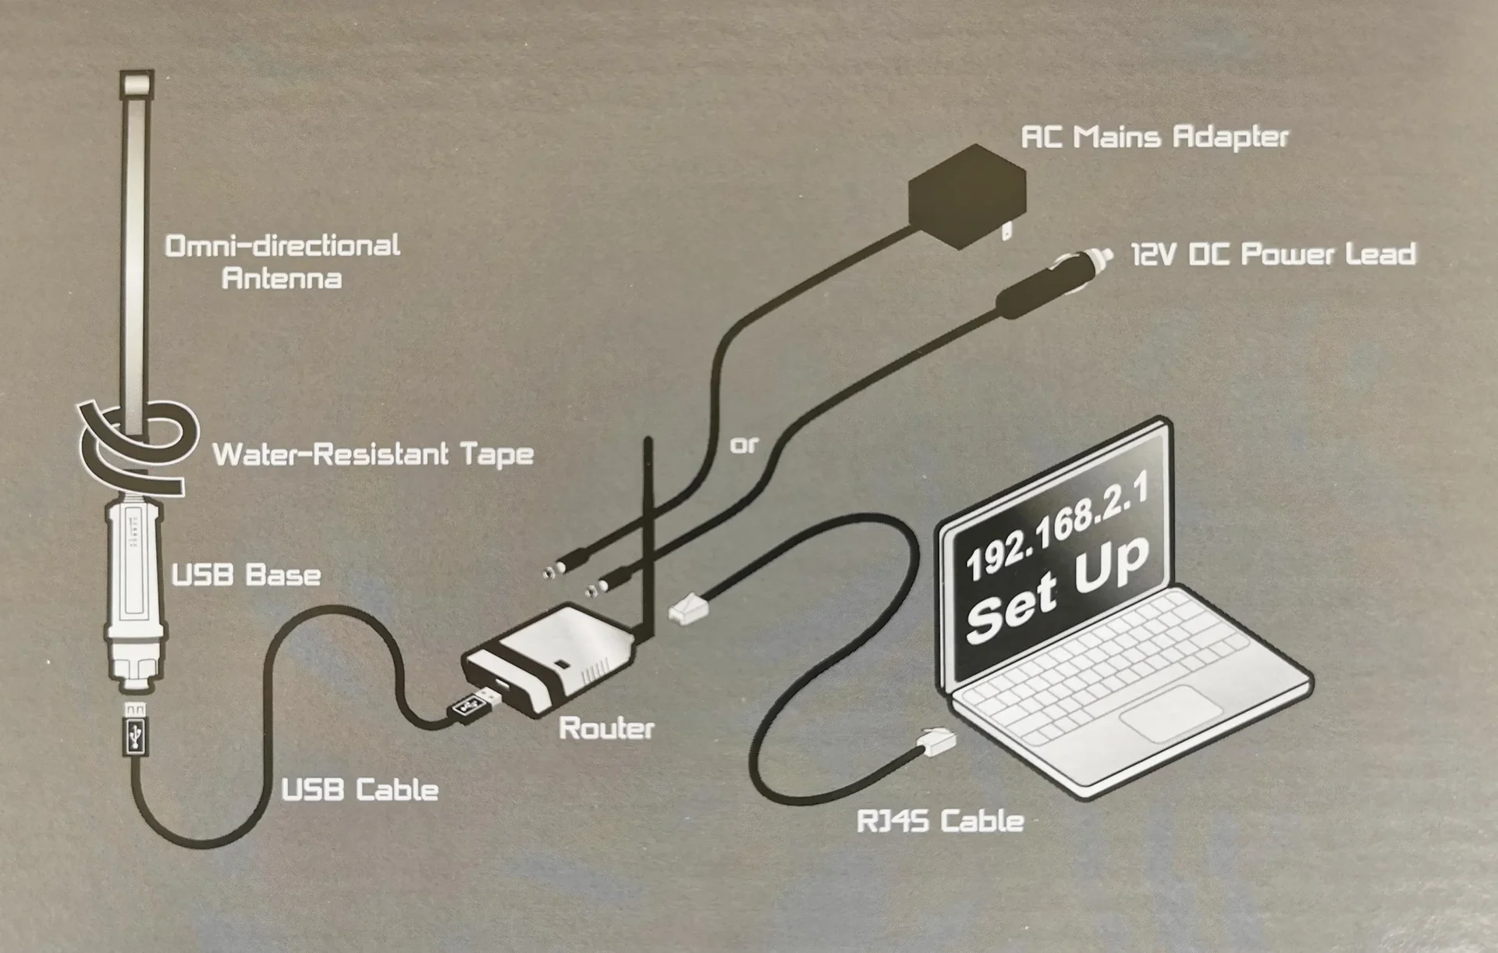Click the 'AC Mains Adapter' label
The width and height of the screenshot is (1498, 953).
pos(1155,137)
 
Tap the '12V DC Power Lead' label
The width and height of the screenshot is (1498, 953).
pos(1273,254)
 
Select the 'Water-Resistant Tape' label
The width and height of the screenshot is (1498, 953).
pos(373,454)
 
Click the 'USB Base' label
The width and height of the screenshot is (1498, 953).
pos(246,576)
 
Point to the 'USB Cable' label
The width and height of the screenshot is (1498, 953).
pos(360,790)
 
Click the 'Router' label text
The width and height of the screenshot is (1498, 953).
pos(606,729)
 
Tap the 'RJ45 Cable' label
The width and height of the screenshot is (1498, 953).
pos(939,821)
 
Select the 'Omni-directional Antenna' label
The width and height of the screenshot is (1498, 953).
pos(282,262)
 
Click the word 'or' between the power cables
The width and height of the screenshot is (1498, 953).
pos(744,446)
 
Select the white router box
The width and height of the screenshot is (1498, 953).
pos(546,663)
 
